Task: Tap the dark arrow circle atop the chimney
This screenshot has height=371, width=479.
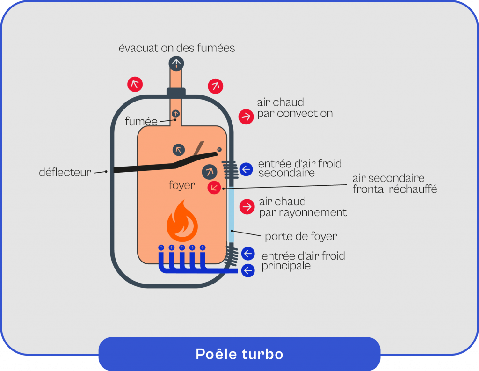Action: tap(176, 63)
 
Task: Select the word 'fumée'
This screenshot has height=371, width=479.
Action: tap(141, 122)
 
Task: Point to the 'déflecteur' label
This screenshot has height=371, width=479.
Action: tap(65, 173)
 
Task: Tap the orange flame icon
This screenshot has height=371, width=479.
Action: tap(182, 222)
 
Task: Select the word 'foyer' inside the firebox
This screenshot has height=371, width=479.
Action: tap(181, 185)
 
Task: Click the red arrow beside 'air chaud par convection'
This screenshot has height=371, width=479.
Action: tap(246, 116)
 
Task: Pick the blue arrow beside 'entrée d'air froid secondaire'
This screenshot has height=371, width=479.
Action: tap(246, 169)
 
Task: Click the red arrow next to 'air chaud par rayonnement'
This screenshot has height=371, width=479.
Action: tap(246, 206)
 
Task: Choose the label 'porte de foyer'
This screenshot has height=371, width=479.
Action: tap(300, 236)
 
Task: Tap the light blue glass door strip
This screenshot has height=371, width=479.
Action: tap(231, 215)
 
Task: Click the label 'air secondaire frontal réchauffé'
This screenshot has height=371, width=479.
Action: tap(394, 184)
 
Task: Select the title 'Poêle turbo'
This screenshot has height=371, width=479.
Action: tap(239, 354)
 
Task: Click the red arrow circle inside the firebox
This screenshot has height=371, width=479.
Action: tap(214, 188)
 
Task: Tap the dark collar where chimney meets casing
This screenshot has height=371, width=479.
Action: tap(176, 92)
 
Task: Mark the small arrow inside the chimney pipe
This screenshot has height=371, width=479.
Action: tap(176, 113)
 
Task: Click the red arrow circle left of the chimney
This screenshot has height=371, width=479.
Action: tap(135, 84)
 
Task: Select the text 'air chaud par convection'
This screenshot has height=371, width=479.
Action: tap(294, 108)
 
